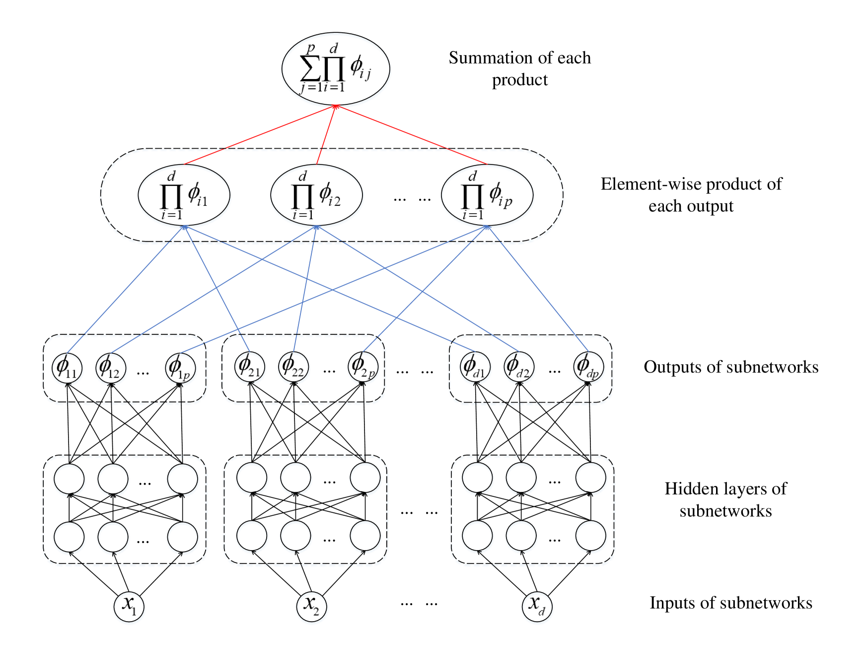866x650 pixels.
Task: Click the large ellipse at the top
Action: coord(336,70)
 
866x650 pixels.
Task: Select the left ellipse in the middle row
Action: coord(184,196)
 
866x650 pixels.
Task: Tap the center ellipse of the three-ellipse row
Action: coord(317,196)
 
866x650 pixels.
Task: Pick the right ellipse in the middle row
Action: coord(488,196)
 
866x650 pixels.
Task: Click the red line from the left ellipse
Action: coord(258,135)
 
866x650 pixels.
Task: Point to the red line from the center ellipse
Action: coord(326,135)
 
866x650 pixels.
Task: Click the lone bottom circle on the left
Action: coord(129,608)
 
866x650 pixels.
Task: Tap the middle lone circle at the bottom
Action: coord(312,608)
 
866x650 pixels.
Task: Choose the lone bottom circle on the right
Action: coord(537,608)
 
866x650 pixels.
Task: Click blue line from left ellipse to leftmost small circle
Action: coord(124,292)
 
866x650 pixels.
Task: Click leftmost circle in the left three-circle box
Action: coord(68,369)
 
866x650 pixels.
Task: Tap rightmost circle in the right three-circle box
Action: coord(589,368)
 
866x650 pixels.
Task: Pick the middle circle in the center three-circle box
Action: coord(294,368)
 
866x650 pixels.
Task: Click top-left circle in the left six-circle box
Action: coord(70,480)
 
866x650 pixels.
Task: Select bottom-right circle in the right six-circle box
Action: coord(591,537)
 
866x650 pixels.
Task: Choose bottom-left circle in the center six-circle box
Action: coord(252,537)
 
